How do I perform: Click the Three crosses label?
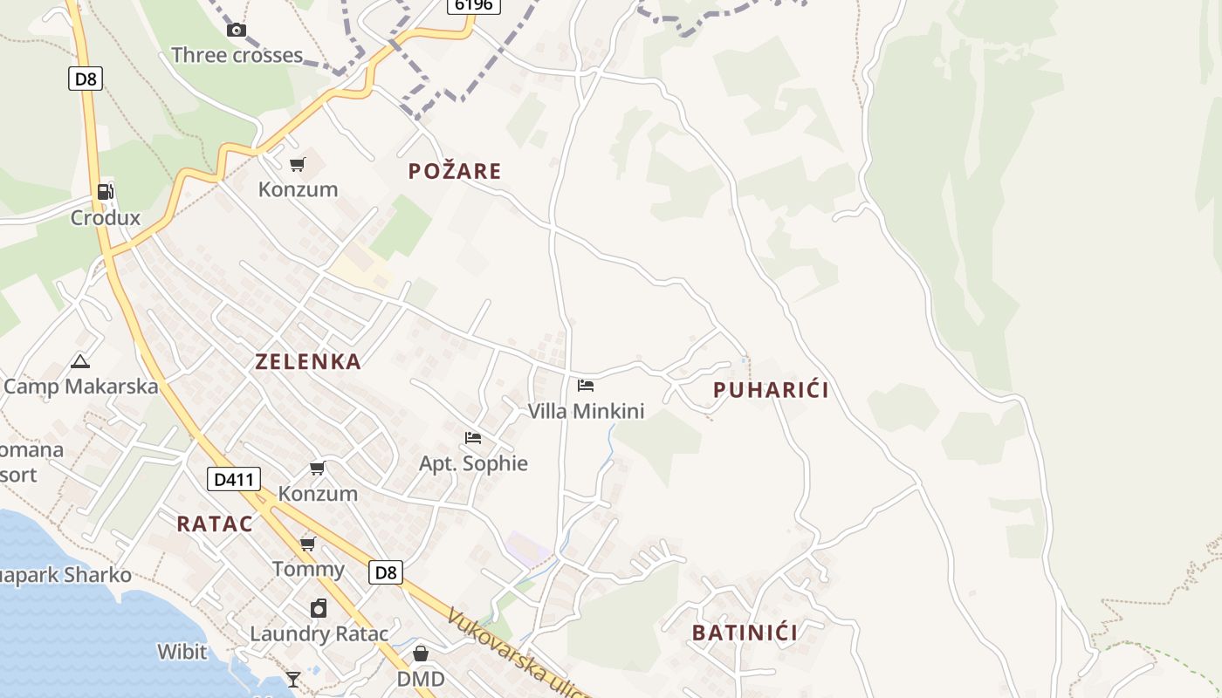point(237,55)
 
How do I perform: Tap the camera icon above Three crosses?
point(236,31)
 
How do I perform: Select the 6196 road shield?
point(474,4)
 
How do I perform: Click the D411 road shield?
point(234,479)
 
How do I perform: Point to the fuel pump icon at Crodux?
point(106,192)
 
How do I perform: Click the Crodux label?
point(106,217)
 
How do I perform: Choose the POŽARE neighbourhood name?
point(455,171)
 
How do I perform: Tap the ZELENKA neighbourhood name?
point(308,362)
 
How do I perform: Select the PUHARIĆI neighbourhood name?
point(771,390)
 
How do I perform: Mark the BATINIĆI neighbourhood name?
point(745,633)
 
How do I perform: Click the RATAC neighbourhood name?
point(215,524)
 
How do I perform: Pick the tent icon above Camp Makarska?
point(80,361)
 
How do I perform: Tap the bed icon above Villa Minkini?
point(586,385)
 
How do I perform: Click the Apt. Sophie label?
point(473,463)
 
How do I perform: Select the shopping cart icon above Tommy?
point(307,544)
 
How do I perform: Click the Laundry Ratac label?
point(319,633)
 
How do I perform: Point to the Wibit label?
point(182,652)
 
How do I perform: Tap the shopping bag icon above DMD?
point(421,654)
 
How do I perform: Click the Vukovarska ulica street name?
point(516,654)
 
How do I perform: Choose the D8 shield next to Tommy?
point(385,572)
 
